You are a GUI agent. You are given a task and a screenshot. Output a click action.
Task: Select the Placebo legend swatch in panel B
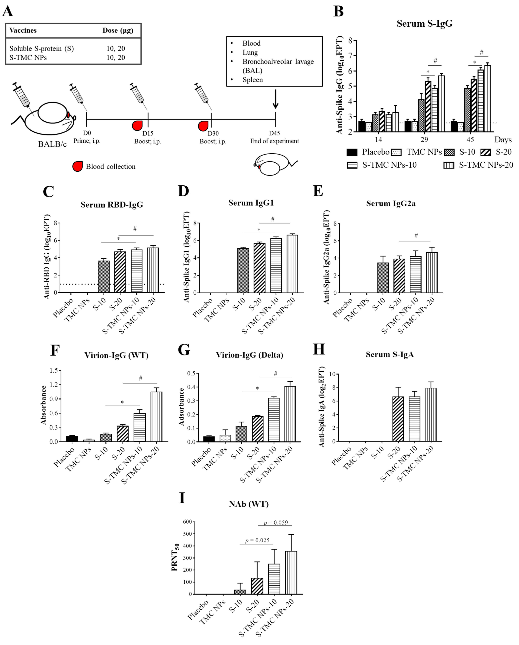(x=352, y=152)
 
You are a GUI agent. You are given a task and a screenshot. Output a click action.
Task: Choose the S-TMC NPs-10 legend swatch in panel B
(x=352, y=165)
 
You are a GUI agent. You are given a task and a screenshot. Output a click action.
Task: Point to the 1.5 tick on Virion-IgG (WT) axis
(x=54, y=370)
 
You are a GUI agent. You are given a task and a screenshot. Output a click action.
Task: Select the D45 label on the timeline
(x=274, y=133)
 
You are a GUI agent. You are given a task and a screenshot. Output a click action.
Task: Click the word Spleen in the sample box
(x=253, y=80)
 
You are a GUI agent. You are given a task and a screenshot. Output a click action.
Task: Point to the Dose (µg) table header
(x=118, y=30)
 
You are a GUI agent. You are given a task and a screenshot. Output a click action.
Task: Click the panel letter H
(x=319, y=349)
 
